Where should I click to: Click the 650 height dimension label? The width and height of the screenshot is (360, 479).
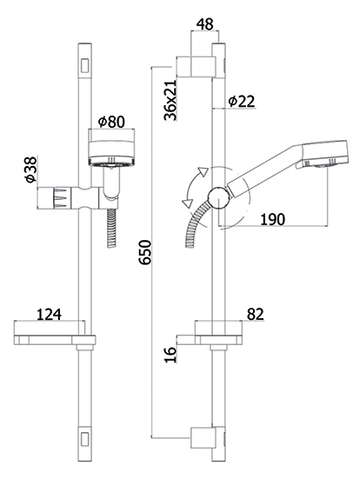[145, 252]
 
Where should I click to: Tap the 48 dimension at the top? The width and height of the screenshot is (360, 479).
[204, 24]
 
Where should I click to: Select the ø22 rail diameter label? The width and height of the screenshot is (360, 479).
[242, 101]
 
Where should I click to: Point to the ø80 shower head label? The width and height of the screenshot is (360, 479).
[111, 122]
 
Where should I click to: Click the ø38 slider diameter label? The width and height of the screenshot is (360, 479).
[31, 170]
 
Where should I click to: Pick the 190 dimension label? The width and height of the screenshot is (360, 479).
[272, 219]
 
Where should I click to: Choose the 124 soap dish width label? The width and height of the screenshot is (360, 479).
[49, 315]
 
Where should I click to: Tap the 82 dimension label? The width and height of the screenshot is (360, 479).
[256, 315]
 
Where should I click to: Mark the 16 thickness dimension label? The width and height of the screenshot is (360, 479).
[170, 355]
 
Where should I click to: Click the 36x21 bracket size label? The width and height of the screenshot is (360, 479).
[170, 100]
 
